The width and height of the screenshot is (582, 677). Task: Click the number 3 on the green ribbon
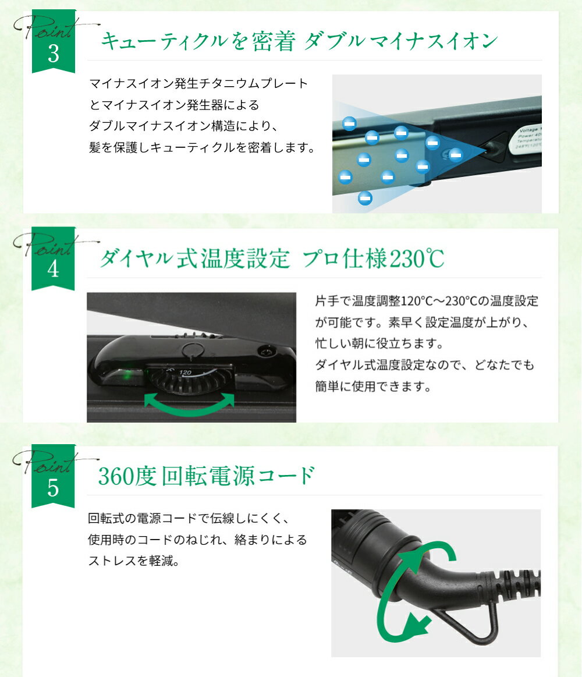[x=54, y=54]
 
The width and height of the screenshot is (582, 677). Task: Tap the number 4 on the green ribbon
[x=53, y=269]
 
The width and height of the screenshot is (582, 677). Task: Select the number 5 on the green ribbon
[x=53, y=487]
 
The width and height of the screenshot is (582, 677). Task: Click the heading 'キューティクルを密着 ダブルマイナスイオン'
[x=299, y=41]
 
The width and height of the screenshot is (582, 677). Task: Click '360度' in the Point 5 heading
[x=127, y=476]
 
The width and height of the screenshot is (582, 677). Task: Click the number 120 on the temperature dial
[x=185, y=372]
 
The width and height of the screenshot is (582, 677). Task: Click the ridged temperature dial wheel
[x=189, y=379]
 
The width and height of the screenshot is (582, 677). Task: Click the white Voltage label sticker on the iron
[x=528, y=138]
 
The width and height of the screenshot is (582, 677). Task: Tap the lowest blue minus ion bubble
[x=365, y=198]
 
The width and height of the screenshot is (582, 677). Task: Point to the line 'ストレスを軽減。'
[x=133, y=561]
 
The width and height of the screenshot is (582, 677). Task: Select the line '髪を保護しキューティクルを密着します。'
[x=201, y=148]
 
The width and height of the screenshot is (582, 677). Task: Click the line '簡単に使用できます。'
[x=373, y=387]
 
